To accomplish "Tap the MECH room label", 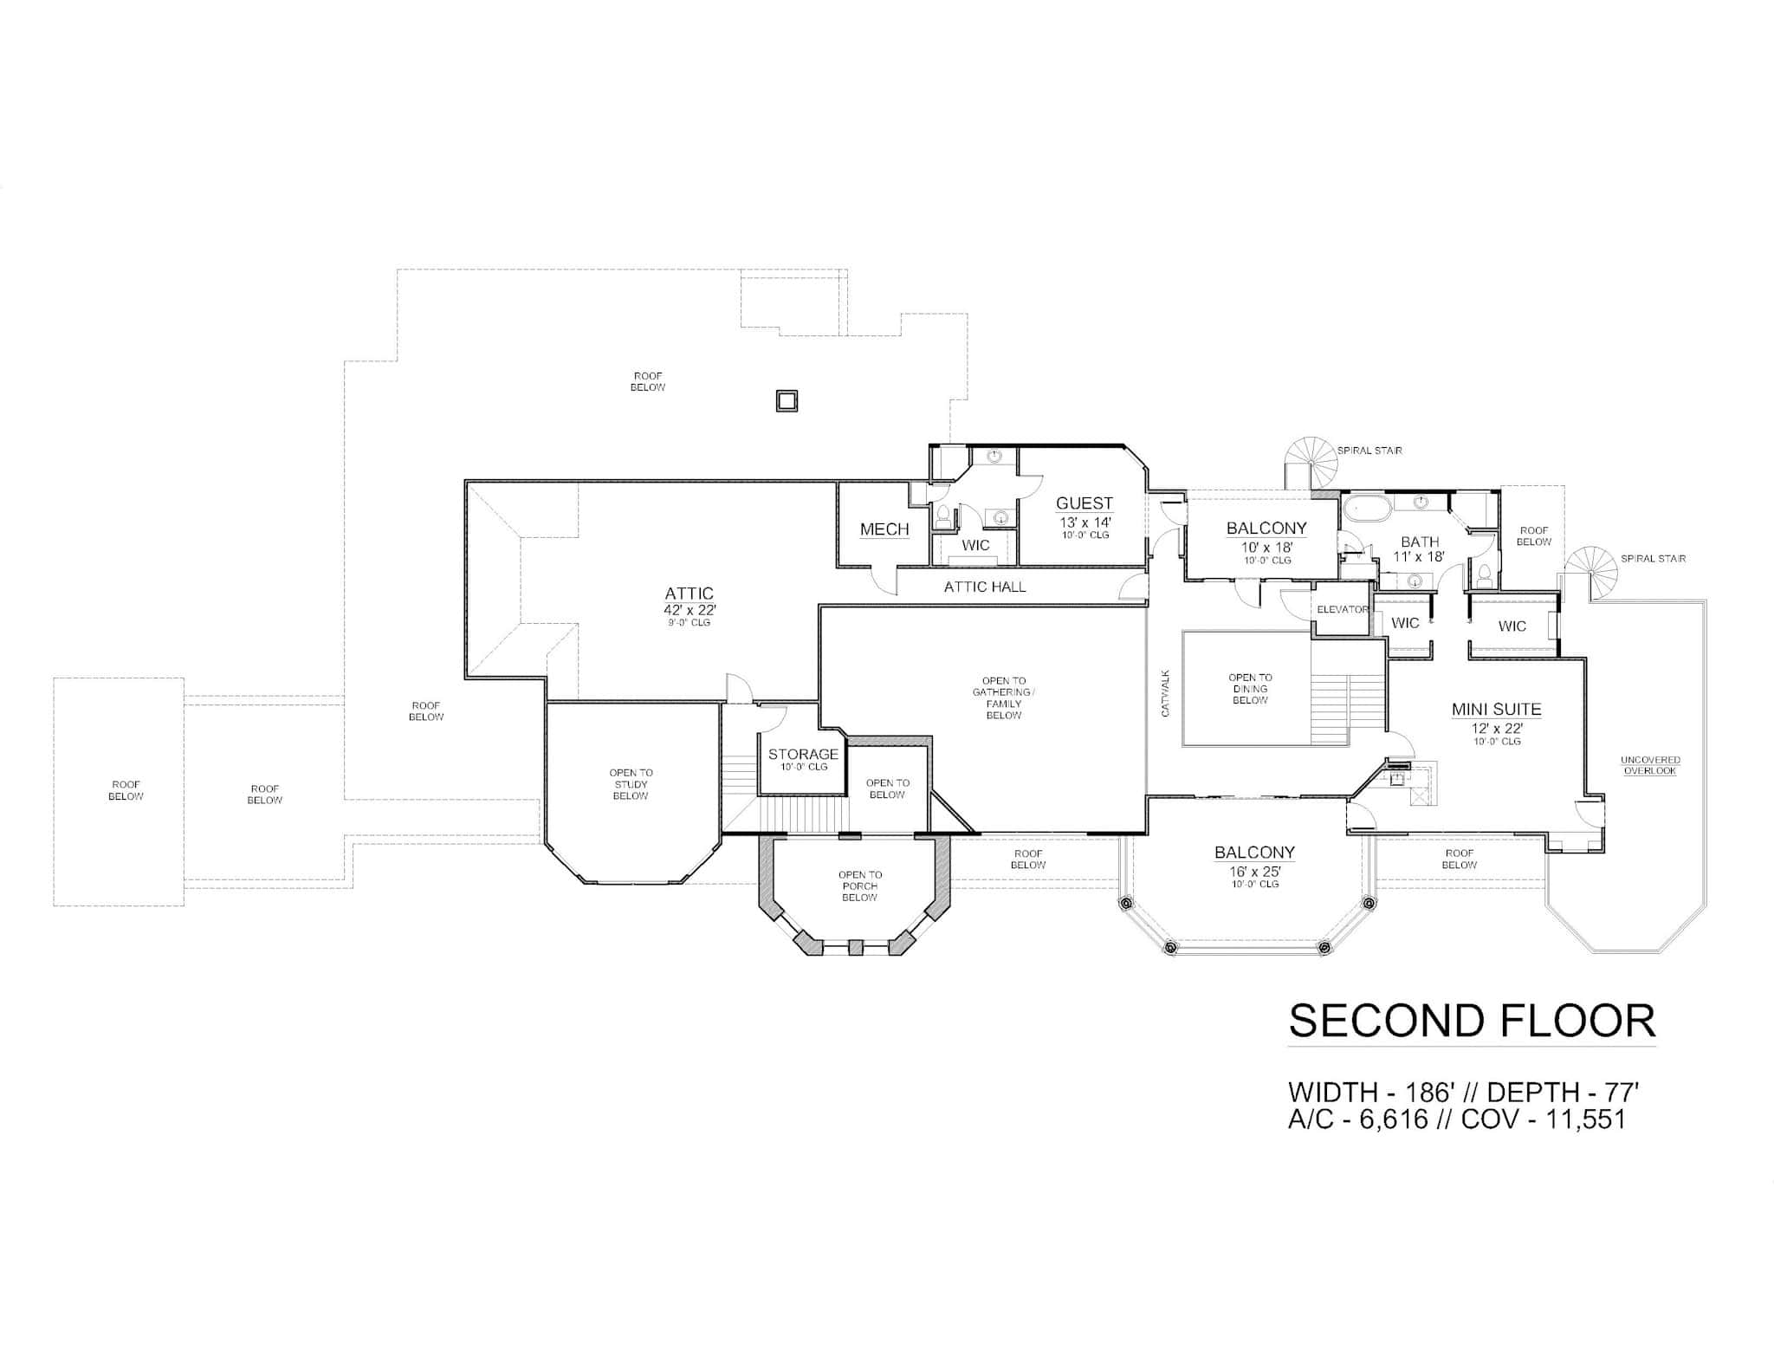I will coord(884,529).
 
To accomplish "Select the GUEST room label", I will coord(1084,503).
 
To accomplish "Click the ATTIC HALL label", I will coord(985,587).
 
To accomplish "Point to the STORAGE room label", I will coord(803,754).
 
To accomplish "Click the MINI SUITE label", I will coord(1497,710).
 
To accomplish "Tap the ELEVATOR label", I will coord(1342,610).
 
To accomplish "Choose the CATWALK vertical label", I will coord(1166,692).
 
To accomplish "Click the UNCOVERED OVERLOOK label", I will coord(1650,765).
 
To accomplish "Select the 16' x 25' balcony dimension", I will coord(1254,871).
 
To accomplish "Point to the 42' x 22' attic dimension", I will coord(690,609).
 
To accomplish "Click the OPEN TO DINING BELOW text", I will coord(1250,689).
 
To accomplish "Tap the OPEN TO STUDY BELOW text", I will coord(631,784).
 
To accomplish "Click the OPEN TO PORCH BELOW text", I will coord(860,886).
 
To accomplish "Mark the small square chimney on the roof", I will coord(786,400).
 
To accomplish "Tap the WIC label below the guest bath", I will coord(975,546).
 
